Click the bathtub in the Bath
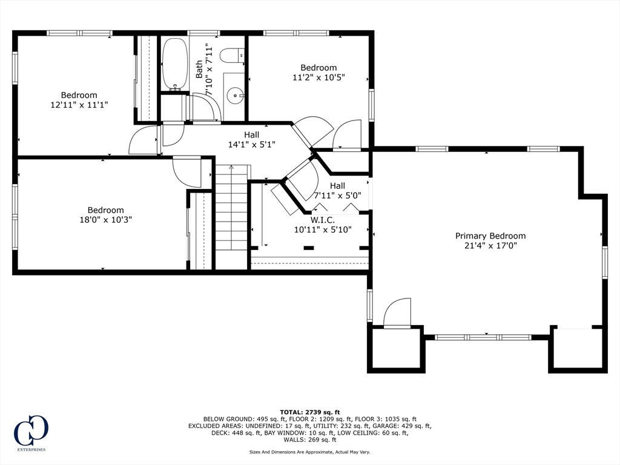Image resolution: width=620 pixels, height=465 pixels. tap(174, 64)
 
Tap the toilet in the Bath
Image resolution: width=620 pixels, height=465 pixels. tap(232, 55)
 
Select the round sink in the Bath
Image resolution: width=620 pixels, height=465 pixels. tap(236, 95)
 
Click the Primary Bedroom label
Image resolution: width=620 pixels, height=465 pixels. tap(490, 236)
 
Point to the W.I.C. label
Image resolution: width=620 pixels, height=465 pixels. tap(322, 220)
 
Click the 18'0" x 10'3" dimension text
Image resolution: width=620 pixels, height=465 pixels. tap(105, 219)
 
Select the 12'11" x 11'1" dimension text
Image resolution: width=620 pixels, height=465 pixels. tap(79, 105)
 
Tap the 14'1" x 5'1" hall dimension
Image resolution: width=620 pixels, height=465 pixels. tap(251, 144)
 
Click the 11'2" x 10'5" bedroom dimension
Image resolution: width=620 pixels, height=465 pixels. tap(318, 77)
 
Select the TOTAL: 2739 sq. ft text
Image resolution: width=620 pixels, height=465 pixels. tap(310, 412)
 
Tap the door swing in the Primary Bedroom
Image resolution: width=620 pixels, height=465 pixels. tap(397, 313)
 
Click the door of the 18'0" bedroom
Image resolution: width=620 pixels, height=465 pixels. tap(186, 171)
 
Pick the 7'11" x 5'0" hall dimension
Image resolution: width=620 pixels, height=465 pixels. tap(337, 195)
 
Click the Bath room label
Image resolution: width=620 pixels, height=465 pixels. tap(199, 69)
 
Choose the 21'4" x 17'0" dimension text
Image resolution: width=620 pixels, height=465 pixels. tap(490, 246)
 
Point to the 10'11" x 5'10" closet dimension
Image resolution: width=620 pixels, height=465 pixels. tap(323, 229)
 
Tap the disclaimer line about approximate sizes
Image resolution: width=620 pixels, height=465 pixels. tap(309, 452)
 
